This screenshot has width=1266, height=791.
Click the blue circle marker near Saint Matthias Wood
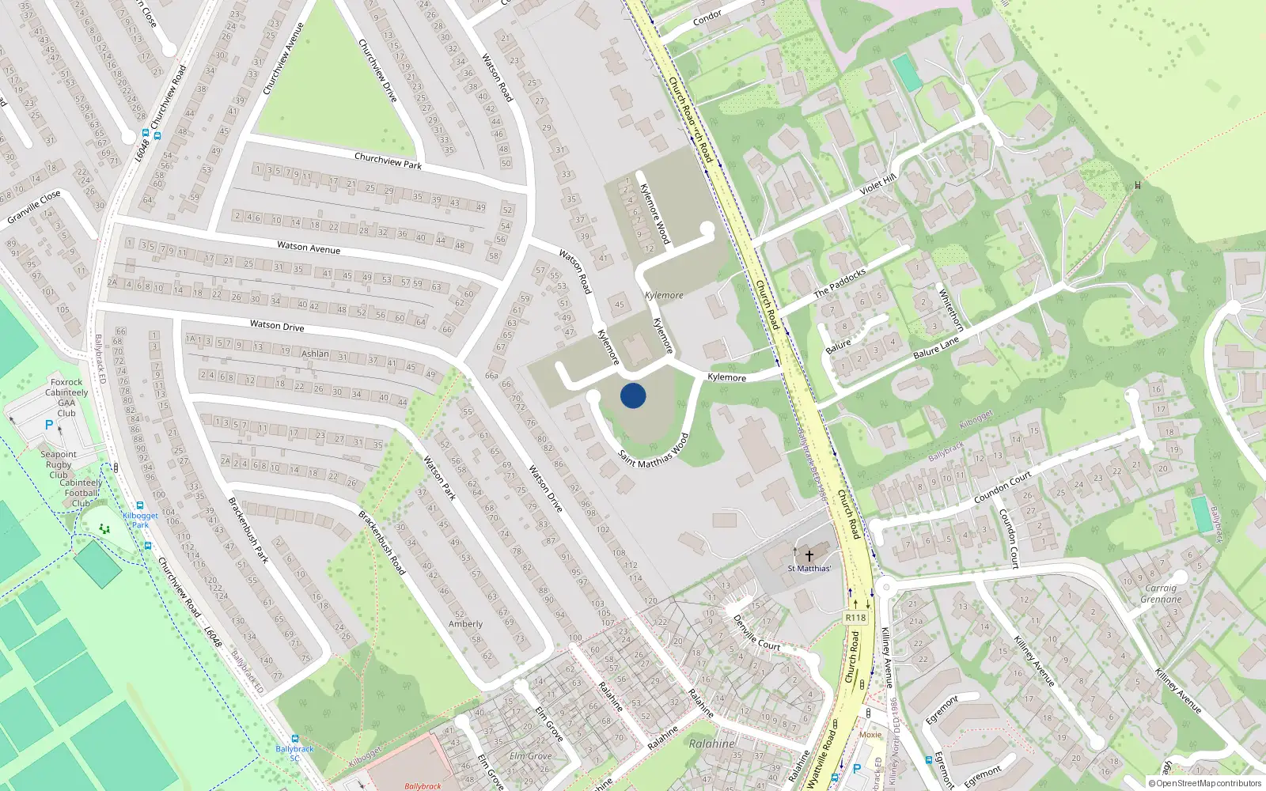[x=633, y=395]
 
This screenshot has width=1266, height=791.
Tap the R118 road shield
[x=855, y=618]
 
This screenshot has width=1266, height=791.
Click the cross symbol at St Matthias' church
[x=809, y=556]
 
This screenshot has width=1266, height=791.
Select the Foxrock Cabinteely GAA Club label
[x=66, y=397]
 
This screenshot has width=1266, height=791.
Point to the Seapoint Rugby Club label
[x=59, y=464]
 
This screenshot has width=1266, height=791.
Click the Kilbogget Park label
[x=140, y=520]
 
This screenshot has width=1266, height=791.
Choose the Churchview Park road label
[x=388, y=161]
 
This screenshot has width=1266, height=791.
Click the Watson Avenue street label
[x=309, y=248]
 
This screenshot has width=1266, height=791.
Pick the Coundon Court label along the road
[x=1003, y=488]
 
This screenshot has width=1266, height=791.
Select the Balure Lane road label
[x=936, y=347]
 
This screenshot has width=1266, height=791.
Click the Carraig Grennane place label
[x=1161, y=593]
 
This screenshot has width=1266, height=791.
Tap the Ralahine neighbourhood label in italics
[x=711, y=744]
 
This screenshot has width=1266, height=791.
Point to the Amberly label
[x=465, y=624]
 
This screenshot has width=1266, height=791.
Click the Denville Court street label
[x=756, y=633]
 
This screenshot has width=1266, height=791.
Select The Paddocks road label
[x=840, y=282]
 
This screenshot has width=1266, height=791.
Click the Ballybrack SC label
[x=294, y=753]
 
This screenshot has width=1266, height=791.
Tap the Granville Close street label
[x=34, y=207]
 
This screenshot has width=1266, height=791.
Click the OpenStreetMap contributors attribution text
[x=1204, y=784]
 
